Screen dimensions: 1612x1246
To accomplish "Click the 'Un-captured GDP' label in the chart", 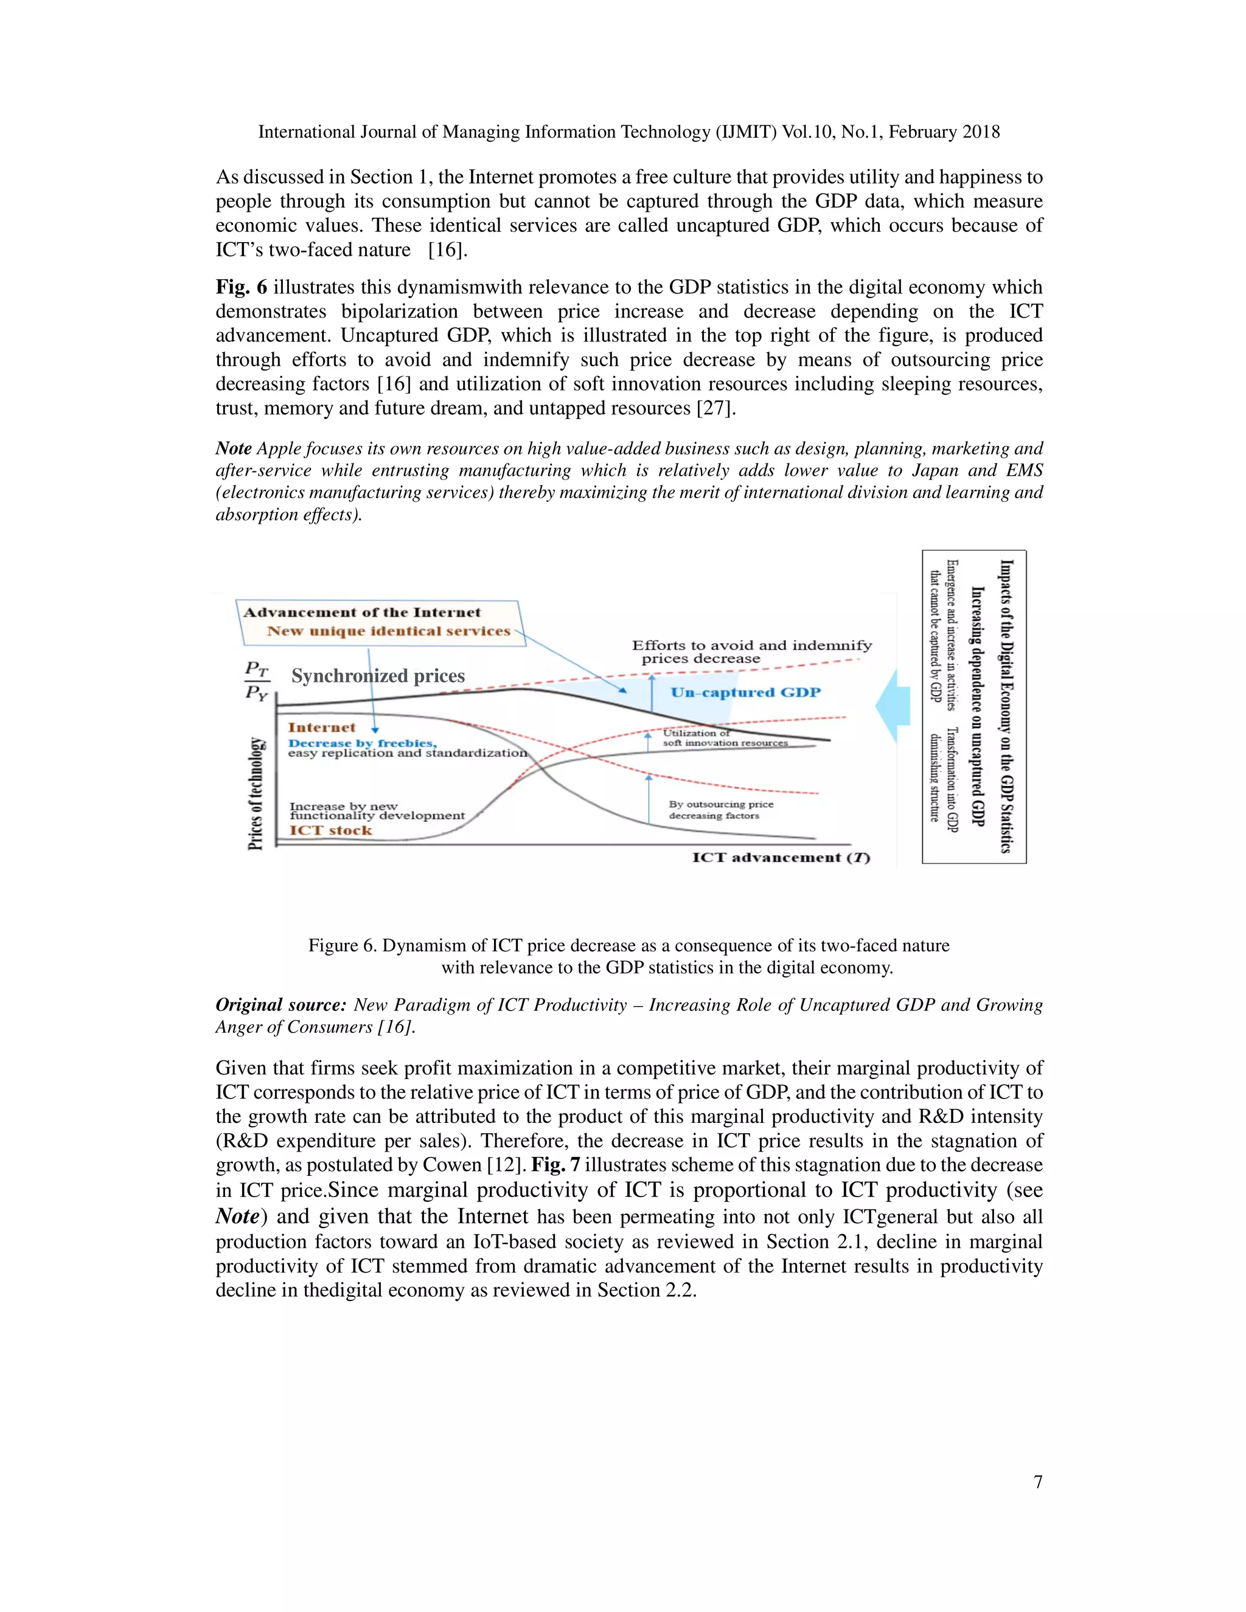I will tap(745, 692).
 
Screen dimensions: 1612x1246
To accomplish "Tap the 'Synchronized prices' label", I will tap(378, 676).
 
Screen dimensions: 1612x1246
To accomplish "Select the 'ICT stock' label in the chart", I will tap(331, 830).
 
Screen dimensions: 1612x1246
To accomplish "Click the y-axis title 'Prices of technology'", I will tap(256, 793).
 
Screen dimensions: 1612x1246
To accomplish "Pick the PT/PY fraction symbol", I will tap(257, 681).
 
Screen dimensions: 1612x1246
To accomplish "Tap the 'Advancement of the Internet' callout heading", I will tap(362, 613).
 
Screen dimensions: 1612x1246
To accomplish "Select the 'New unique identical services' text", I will tap(388, 631).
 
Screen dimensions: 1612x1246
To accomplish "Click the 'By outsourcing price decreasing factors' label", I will tap(720, 810).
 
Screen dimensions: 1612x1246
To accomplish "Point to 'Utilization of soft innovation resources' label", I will tap(723, 738).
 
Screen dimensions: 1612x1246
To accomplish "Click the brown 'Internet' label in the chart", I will tap(321, 728).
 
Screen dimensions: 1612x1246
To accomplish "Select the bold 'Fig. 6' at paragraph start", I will tap(241, 287).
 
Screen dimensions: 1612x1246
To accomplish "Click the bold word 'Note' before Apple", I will tap(232, 449).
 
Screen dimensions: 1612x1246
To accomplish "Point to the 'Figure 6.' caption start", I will tap(342, 945).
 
